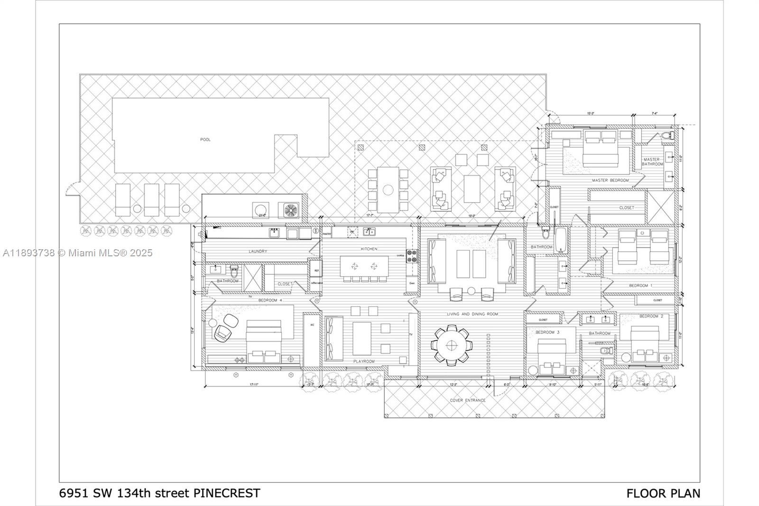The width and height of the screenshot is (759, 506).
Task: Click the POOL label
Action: (x=205, y=140)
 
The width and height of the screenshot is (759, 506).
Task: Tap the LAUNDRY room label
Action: (x=258, y=251)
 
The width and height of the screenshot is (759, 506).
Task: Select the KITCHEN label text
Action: (x=369, y=249)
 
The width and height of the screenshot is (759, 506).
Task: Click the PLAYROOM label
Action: (x=364, y=361)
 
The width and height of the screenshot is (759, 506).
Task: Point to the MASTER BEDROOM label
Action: (x=610, y=180)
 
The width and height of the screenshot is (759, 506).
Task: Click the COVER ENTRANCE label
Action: (x=468, y=400)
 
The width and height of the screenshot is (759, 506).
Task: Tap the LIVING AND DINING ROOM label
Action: (x=472, y=314)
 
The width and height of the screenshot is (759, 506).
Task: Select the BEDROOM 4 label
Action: (x=270, y=300)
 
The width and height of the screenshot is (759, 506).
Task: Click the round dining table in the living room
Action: (x=451, y=345)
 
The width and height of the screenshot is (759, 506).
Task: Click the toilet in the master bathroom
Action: (x=668, y=136)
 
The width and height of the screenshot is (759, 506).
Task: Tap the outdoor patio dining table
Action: (x=388, y=190)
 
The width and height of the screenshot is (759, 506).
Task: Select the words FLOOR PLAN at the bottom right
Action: (x=663, y=493)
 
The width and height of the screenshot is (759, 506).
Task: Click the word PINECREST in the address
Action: (x=227, y=493)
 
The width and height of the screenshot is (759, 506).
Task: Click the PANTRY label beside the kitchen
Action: (x=327, y=234)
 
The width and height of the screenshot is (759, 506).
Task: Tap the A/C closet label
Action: (x=312, y=325)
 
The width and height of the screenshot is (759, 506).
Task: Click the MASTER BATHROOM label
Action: (x=652, y=162)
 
